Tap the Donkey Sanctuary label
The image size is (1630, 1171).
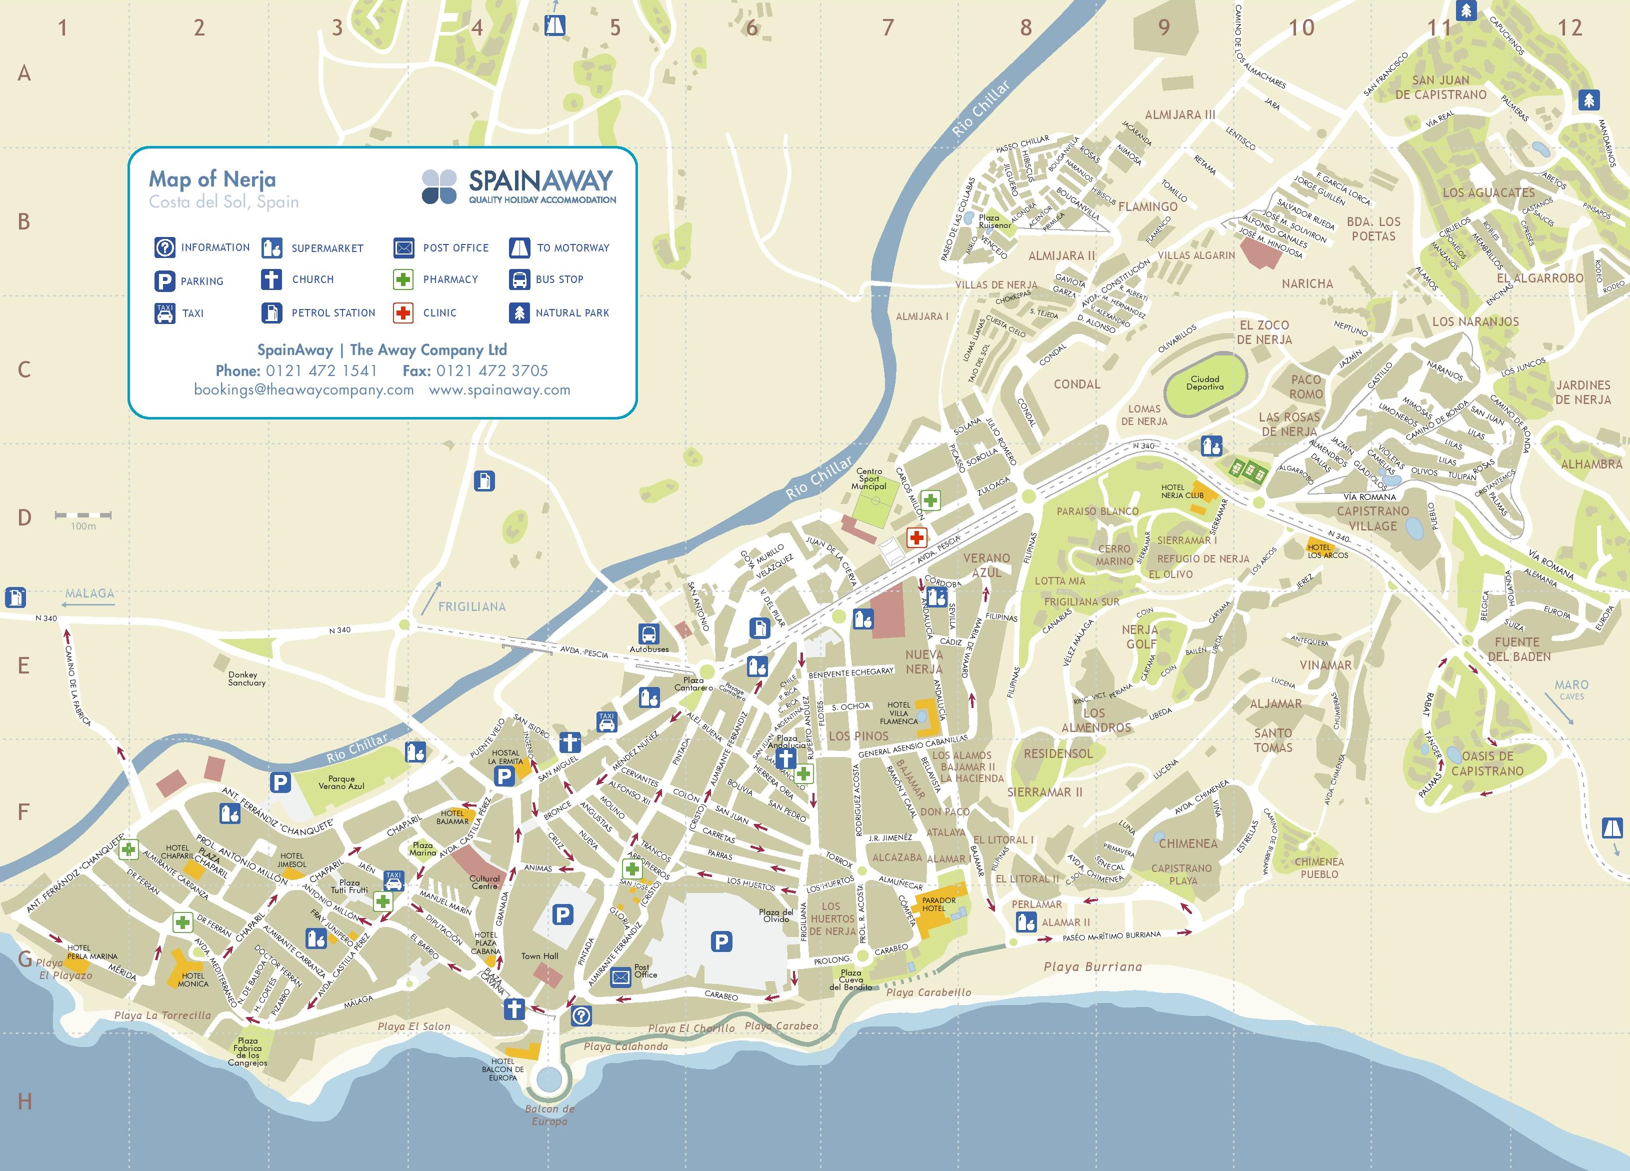[246, 678]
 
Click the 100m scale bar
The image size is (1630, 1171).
[83, 515]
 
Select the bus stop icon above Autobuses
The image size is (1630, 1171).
[649, 634]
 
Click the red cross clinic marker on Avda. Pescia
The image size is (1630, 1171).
[916, 537]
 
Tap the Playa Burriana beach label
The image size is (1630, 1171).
[1092, 967]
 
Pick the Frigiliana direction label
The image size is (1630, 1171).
[471, 606]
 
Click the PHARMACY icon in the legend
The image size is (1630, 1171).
[403, 279]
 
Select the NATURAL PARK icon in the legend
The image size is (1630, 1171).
[519, 312]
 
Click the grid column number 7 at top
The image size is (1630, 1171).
[888, 28]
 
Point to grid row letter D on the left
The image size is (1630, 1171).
[24, 517]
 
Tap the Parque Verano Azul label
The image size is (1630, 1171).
[341, 782]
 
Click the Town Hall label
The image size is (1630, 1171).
[539, 956]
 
